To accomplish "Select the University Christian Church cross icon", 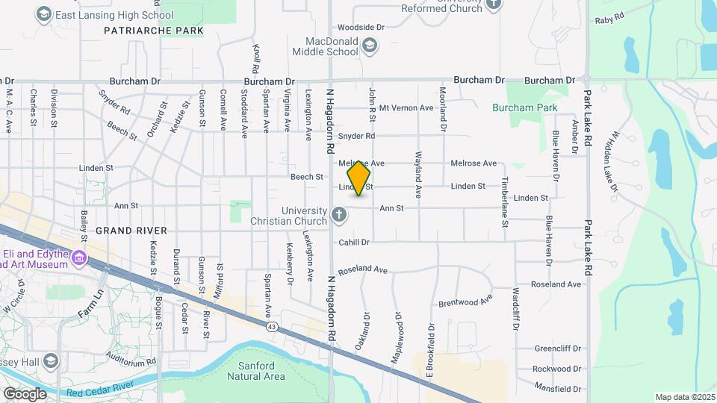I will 339,216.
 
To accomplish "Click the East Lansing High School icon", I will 44,14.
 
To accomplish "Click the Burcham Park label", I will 524,107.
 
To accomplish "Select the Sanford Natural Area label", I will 261,371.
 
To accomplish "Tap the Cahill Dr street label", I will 354,242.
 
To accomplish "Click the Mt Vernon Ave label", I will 406,107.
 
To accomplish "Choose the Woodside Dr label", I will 360,27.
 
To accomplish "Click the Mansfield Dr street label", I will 557,389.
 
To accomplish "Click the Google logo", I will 25,393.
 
